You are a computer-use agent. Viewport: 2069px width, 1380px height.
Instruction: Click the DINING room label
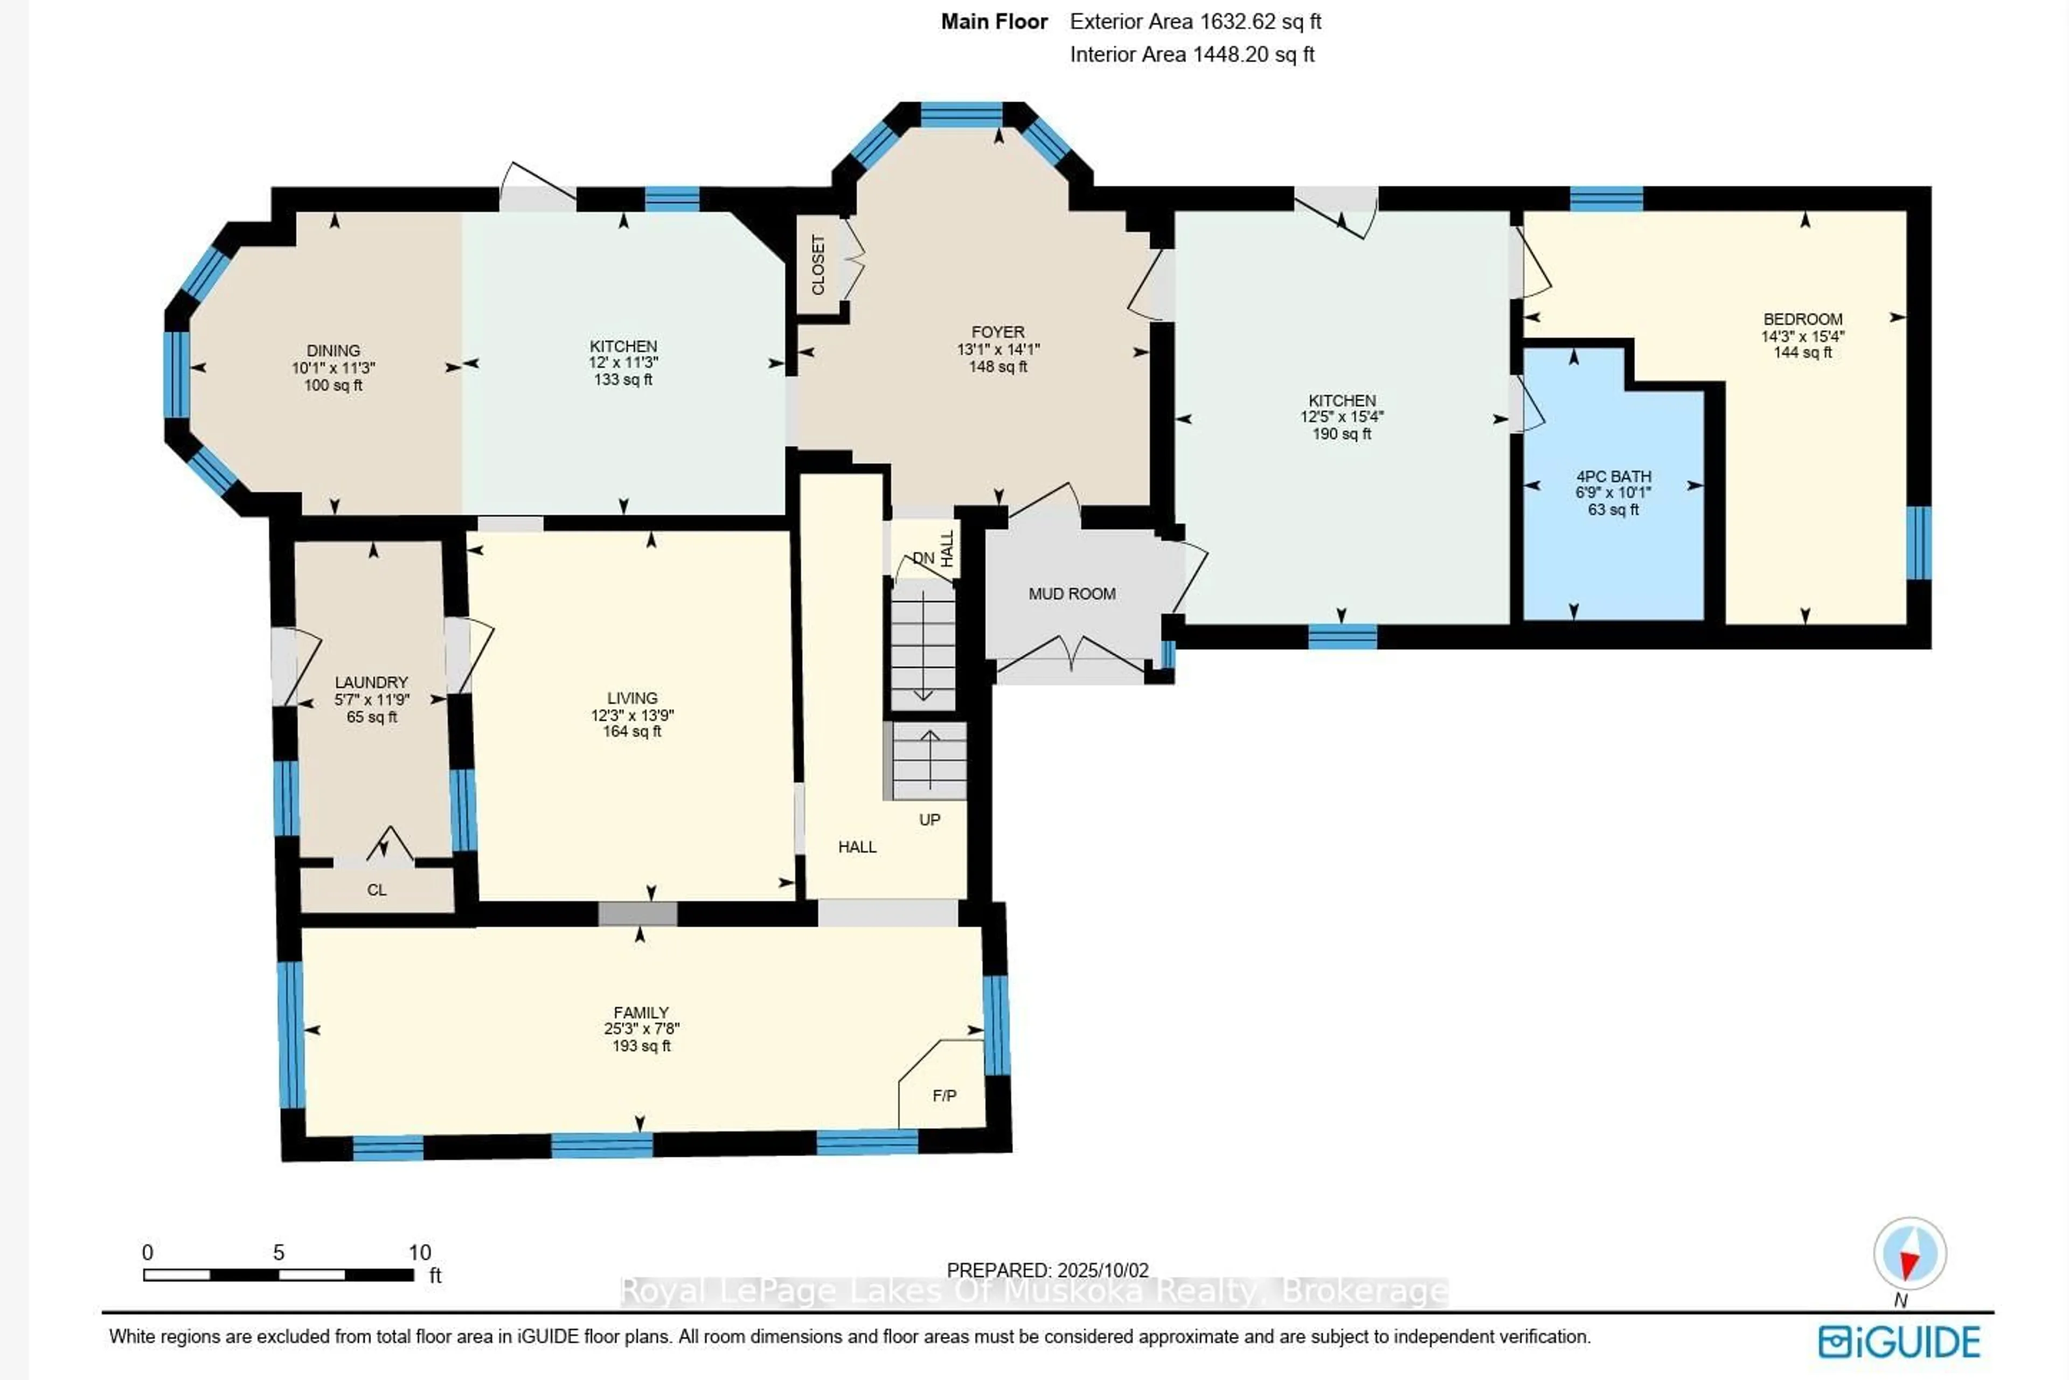pyautogui.click(x=334, y=350)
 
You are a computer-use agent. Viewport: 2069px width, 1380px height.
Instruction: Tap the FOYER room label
pyautogui.click(x=998, y=332)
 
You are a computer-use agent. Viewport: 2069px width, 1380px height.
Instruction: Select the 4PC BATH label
pyautogui.click(x=1613, y=476)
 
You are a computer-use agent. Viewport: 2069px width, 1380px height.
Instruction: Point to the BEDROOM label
pyautogui.click(x=1802, y=320)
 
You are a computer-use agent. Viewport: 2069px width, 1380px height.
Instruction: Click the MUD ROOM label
pyautogui.click(x=1072, y=594)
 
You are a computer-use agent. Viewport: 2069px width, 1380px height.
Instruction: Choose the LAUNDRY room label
pyautogui.click(x=371, y=682)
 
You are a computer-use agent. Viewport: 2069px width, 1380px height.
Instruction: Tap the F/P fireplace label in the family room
pyautogui.click(x=945, y=1095)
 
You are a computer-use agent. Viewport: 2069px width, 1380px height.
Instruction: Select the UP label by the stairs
pyautogui.click(x=929, y=820)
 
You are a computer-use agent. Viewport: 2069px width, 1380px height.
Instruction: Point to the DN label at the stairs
pyautogui.click(x=923, y=558)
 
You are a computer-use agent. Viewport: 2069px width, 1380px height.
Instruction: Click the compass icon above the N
pyautogui.click(x=1910, y=1253)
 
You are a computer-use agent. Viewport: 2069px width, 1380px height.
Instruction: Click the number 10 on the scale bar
pyautogui.click(x=420, y=1252)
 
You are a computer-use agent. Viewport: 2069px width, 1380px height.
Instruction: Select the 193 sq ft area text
pyautogui.click(x=642, y=1045)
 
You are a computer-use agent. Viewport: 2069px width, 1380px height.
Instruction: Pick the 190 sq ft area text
pyautogui.click(x=1341, y=434)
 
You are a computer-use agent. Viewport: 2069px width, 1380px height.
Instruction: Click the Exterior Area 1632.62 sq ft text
pyautogui.click(x=1195, y=22)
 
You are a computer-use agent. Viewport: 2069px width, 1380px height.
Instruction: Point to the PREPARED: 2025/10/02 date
pyautogui.click(x=1047, y=1270)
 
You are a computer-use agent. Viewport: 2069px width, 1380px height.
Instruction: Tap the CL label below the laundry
pyautogui.click(x=377, y=890)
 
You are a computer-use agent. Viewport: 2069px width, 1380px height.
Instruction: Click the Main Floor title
pyautogui.click(x=995, y=22)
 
